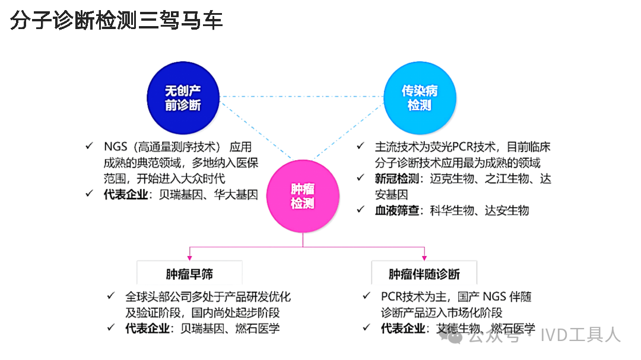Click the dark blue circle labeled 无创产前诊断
point(183,98)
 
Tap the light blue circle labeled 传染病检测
point(419,98)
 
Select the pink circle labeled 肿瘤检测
point(302,196)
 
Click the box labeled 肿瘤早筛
point(189,274)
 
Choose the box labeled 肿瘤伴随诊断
point(424,274)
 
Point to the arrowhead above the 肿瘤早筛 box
point(189,257)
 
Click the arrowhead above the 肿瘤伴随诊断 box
point(424,257)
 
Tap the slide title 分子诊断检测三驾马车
point(116,20)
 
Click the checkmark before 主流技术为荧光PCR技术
point(361,146)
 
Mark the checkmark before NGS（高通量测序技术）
point(89,146)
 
